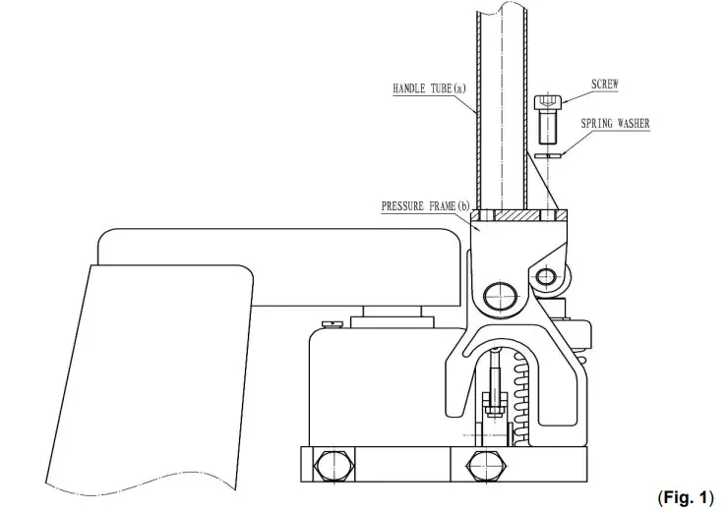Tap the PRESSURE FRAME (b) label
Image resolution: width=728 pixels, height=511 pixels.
click(x=426, y=205)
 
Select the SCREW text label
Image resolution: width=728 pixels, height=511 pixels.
click(x=605, y=85)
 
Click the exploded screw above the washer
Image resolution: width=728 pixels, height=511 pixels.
click(x=548, y=115)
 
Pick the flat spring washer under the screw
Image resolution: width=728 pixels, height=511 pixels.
click(x=548, y=154)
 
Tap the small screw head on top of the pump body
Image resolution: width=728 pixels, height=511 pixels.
click(x=333, y=321)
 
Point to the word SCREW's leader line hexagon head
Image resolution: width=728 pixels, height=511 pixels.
click(x=548, y=102)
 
